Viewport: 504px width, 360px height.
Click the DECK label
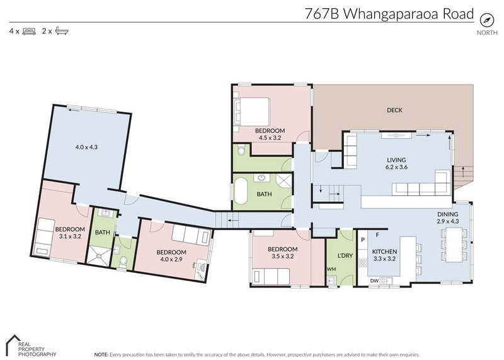[x=394, y=110]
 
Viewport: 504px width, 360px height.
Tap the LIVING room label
[x=396, y=160]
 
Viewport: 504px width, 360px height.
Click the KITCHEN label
[x=384, y=252]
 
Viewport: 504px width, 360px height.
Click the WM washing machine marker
[x=331, y=270]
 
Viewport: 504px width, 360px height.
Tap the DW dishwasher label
[x=374, y=281]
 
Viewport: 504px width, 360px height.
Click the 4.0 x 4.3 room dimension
[x=86, y=147]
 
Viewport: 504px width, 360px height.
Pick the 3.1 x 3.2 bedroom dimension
[x=69, y=236]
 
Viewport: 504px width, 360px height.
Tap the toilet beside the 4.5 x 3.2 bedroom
[x=241, y=151]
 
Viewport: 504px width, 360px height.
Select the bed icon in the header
[x=28, y=30]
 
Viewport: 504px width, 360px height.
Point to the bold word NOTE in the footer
[x=100, y=355]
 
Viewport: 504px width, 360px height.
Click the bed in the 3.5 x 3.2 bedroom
[x=272, y=275]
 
